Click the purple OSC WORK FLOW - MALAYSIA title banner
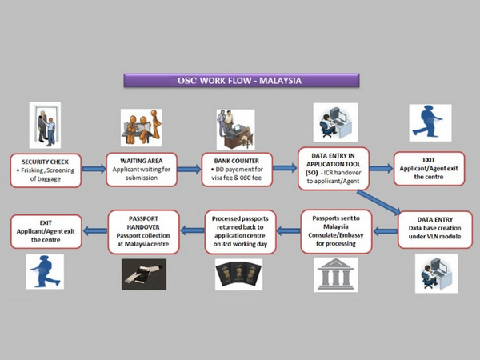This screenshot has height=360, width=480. tap(242, 81)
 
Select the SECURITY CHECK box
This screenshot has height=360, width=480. tap(46, 170)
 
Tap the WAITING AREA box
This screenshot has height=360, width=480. tap(142, 170)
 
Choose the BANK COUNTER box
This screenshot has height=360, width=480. tap(237, 170)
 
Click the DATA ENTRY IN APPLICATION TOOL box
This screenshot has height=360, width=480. tap(334, 168)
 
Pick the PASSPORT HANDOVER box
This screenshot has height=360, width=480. tap(143, 232)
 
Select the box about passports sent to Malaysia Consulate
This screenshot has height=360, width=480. tap(336, 231)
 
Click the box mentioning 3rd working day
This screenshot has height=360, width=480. tap(240, 232)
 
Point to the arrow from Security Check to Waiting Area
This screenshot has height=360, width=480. tap(94, 169)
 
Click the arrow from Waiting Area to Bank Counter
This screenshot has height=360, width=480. tap(189, 170)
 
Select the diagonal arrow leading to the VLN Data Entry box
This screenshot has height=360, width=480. tap(378, 202)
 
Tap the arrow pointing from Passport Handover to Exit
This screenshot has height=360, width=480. tap(95, 230)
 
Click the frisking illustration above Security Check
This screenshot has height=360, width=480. tap(45, 126)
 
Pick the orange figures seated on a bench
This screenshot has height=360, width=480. tap(141, 127)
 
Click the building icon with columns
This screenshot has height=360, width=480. tap(336, 274)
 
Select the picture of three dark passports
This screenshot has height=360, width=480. tap(238, 274)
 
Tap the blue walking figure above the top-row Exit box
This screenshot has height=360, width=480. tap(430, 122)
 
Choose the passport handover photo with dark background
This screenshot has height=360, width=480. tap(144, 274)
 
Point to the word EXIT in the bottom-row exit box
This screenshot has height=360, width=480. tap(46, 223)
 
